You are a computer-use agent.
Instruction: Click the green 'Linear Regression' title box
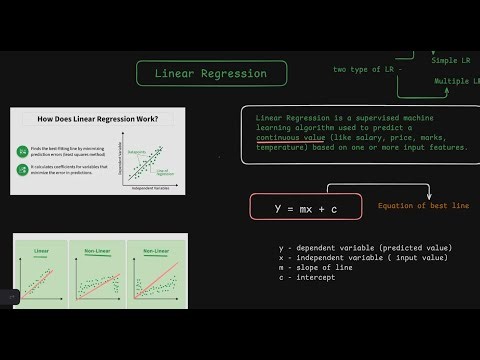click(x=210, y=73)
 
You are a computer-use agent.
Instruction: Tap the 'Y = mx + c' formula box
click(x=304, y=207)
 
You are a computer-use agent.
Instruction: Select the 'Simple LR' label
click(x=455, y=60)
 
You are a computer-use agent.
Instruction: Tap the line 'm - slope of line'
click(x=320, y=267)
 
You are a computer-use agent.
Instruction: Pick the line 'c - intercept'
click(x=310, y=277)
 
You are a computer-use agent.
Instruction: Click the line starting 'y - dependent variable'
click(x=365, y=247)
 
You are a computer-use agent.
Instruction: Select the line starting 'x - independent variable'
click(x=362, y=257)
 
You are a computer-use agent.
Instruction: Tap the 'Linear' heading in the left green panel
click(x=41, y=251)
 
